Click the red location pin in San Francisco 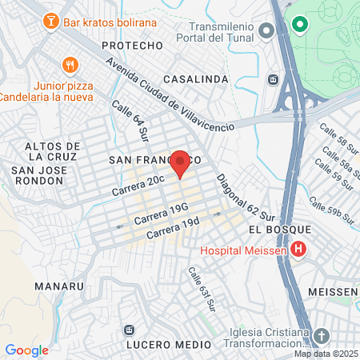coord(181,163)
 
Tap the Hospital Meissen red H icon coord(298,250)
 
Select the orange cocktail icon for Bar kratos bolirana coord(51,19)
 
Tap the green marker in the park coord(300,25)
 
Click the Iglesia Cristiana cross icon coord(322,335)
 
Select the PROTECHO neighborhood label coord(133,46)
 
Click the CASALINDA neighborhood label coord(190,79)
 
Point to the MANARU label coord(59,285)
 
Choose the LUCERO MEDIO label coord(168,344)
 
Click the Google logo coord(26,350)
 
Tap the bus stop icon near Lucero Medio coord(128,330)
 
